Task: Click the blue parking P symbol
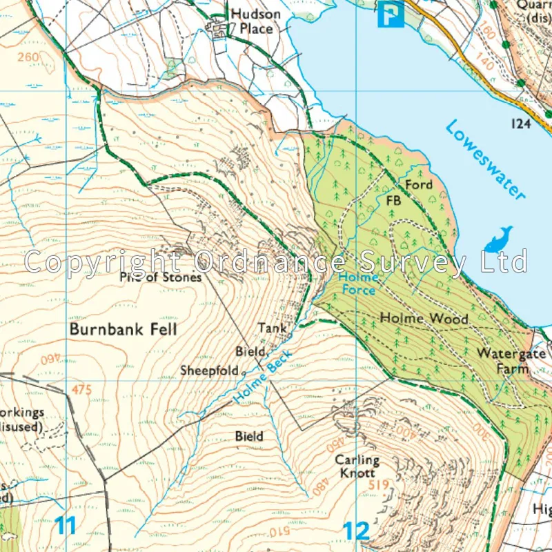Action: (x=391, y=13)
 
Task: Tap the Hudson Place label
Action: (x=255, y=21)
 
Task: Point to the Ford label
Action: (x=418, y=185)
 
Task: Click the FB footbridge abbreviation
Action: (x=393, y=201)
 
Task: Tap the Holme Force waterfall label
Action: (x=357, y=284)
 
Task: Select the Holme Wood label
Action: (x=424, y=319)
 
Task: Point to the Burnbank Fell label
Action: (x=123, y=329)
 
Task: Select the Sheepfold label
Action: (x=208, y=371)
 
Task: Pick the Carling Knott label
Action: (x=357, y=466)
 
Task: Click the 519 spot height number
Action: (x=379, y=485)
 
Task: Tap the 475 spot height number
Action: (x=81, y=390)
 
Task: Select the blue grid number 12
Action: (x=356, y=531)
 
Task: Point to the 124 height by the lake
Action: (x=522, y=123)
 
